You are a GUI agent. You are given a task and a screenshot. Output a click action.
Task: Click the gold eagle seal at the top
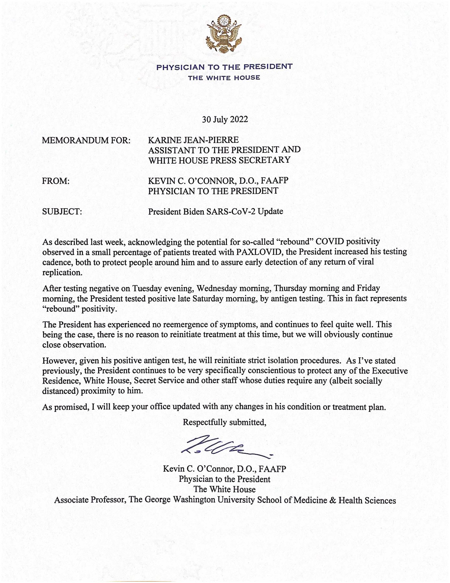coord(224,34)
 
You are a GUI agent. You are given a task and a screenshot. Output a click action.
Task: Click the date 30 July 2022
coord(225,120)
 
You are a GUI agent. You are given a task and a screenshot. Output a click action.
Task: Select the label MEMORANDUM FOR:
coord(86,141)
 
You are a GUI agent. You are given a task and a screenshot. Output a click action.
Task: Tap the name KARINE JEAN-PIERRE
coord(193,140)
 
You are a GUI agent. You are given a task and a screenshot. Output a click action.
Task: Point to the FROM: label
coord(56,181)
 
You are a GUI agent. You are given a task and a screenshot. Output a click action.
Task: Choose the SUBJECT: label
coord(62,212)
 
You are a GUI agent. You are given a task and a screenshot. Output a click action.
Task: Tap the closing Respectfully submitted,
coord(224,422)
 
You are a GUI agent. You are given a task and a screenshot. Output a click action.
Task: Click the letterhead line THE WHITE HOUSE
coord(224,78)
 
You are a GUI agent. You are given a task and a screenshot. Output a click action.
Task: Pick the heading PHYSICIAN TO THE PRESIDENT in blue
coord(224,67)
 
